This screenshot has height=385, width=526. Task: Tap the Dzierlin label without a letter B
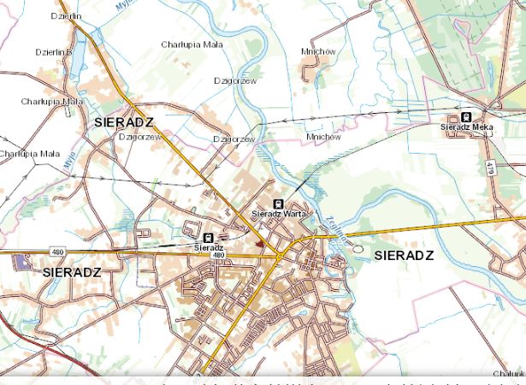click(x=65, y=16)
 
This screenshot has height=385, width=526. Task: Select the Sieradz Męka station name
click(x=467, y=127)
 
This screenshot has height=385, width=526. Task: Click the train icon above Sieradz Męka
click(x=466, y=117)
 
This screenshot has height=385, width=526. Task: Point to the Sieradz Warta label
click(x=280, y=213)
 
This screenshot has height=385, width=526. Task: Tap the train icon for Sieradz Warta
click(x=277, y=204)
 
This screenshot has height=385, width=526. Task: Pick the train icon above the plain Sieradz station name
click(x=208, y=237)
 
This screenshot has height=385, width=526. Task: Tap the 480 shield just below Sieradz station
click(x=218, y=255)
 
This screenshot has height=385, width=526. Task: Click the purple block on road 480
click(x=21, y=261)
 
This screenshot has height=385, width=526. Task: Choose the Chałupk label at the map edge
click(x=509, y=373)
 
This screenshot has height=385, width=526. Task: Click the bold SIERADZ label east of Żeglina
click(x=404, y=256)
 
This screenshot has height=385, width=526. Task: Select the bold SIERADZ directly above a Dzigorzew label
click(x=124, y=122)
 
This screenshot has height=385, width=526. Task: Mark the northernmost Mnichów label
click(x=318, y=51)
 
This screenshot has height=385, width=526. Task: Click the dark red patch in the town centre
click(x=259, y=243)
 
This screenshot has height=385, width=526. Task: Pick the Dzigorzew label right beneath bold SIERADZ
click(x=139, y=136)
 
